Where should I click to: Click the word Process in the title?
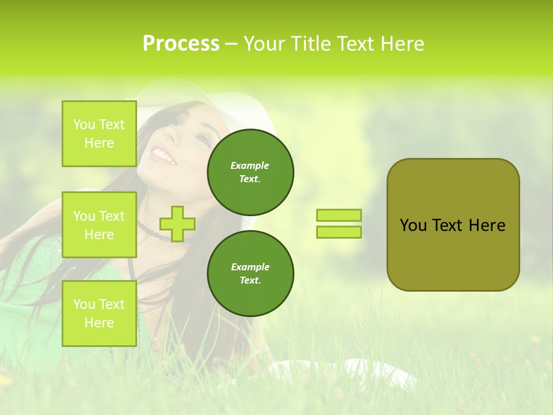(181, 44)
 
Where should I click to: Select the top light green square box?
(99, 134)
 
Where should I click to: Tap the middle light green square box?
(99, 225)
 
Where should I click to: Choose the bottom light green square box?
(99, 314)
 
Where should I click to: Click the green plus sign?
(177, 224)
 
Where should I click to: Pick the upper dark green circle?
(251, 172)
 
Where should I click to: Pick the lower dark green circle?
(251, 274)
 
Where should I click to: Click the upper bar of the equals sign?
(339, 216)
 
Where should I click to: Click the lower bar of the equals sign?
(339, 232)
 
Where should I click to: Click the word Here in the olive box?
(487, 225)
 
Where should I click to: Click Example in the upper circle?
(250, 165)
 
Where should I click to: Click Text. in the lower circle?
(250, 280)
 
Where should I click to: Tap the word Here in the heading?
(402, 44)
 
